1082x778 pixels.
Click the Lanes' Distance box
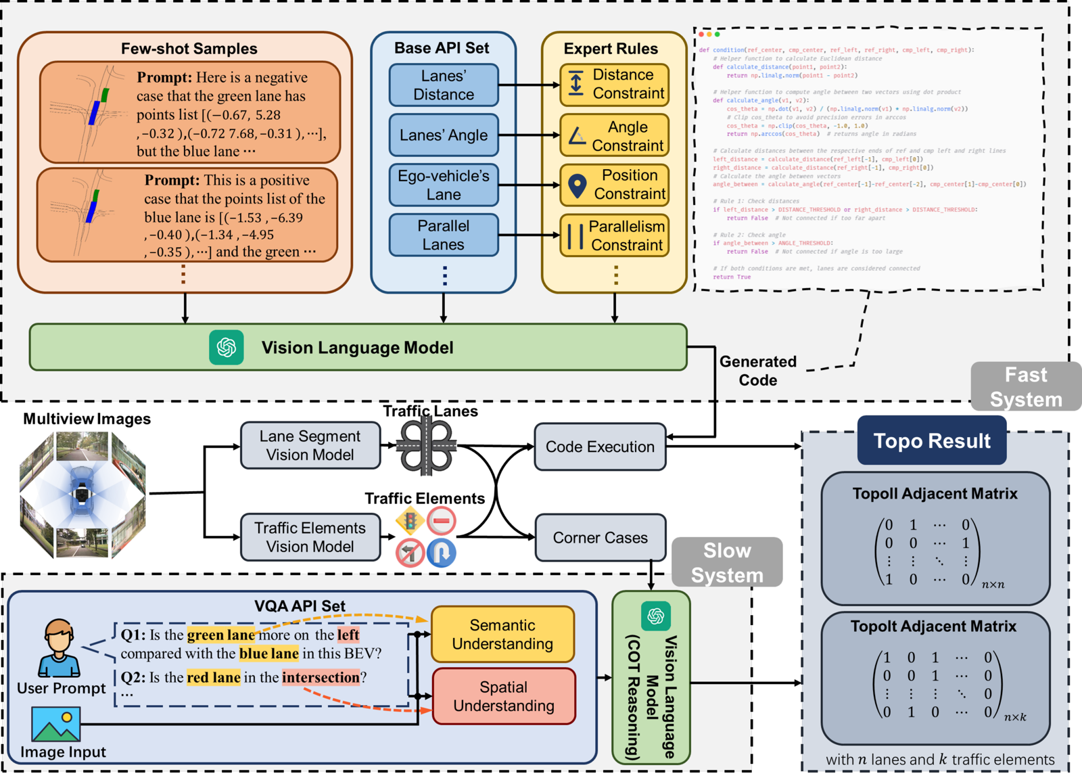point(444,85)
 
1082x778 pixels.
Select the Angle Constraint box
point(615,136)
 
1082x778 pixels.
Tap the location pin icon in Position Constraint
point(577,185)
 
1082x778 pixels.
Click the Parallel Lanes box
point(444,235)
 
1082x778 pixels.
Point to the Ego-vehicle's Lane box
point(444,185)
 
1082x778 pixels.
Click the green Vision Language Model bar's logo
point(227,348)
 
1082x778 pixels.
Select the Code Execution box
point(600,447)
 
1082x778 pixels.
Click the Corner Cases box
point(600,538)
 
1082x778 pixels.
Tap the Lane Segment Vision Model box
point(310,446)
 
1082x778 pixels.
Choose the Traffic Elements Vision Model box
point(310,537)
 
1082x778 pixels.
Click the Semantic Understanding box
point(502,635)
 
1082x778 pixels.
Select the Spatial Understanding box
point(504,697)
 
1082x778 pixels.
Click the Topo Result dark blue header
point(932,441)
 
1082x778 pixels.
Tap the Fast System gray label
point(1026,387)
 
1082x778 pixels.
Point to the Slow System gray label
point(727,563)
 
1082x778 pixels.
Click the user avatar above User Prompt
point(60,648)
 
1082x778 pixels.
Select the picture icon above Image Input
point(56,724)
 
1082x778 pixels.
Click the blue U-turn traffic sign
point(441,553)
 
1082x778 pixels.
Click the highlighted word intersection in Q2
point(321,677)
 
